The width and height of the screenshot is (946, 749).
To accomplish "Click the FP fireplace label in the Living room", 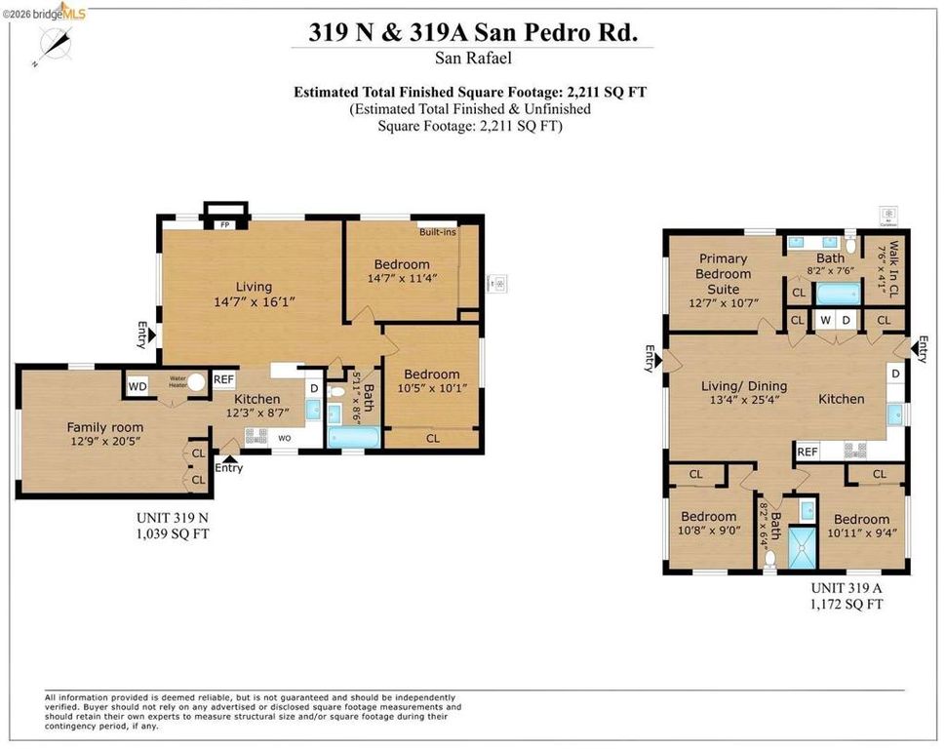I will pyautogui.click(x=223, y=224).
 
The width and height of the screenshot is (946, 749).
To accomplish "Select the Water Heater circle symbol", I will pyautogui.click(x=198, y=383).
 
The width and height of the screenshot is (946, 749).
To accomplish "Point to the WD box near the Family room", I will pyautogui.click(x=138, y=386).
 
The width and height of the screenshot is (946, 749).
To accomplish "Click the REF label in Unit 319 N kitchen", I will pyautogui.click(x=223, y=379).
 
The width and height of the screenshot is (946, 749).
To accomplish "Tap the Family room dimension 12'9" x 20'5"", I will pyautogui.click(x=104, y=442).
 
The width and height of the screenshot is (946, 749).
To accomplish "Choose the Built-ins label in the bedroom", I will pyautogui.click(x=438, y=232).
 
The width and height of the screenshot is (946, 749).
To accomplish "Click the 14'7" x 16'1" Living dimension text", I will pyautogui.click(x=254, y=301).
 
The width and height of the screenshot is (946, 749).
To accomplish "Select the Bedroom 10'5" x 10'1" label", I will pyautogui.click(x=431, y=381).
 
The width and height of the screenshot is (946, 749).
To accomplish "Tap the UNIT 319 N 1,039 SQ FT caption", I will pyautogui.click(x=173, y=527).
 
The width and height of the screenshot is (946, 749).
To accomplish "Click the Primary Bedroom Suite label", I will pyautogui.click(x=723, y=274).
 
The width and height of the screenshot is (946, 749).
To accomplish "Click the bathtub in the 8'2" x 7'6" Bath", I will pyautogui.click(x=837, y=294).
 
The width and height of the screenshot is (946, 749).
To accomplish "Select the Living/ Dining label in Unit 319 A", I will pyautogui.click(x=744, y=386).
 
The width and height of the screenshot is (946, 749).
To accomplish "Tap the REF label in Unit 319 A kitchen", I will pyautogui.click(x=807, y=452).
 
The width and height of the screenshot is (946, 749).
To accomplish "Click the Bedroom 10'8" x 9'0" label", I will pyautogui.click(x=708, y=524).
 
